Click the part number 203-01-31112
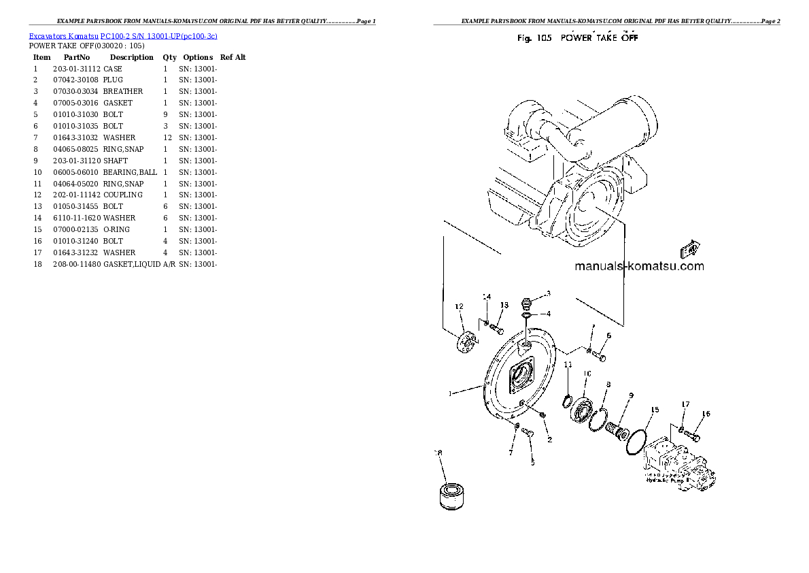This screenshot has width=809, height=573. (x=76, y=69)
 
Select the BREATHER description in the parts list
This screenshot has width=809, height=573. (x=123, y=91)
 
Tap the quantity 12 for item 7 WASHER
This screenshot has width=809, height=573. (x=167, y=137)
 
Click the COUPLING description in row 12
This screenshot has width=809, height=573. (x=123, y=195)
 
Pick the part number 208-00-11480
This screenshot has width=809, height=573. (x=76, y=264)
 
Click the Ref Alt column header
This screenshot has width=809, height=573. (x=233, y=57)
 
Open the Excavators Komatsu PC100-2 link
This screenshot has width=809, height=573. (x=123, y=35)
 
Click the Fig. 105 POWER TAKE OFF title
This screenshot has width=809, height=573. (x=577, y=38)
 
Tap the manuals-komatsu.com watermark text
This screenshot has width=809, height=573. (x=639, y=267)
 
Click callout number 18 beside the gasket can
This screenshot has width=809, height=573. (x=438, y=453)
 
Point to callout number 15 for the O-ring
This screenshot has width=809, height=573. (x=655, y=410)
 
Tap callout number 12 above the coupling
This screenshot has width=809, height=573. (x=459, y=307)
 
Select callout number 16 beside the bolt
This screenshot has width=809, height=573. (x=706, y=414)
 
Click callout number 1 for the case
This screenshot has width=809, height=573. (x=449, y=393)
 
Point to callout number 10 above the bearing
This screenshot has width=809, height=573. (x=587, y=374)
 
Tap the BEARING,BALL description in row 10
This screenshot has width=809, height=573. (x=130, y=172)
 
